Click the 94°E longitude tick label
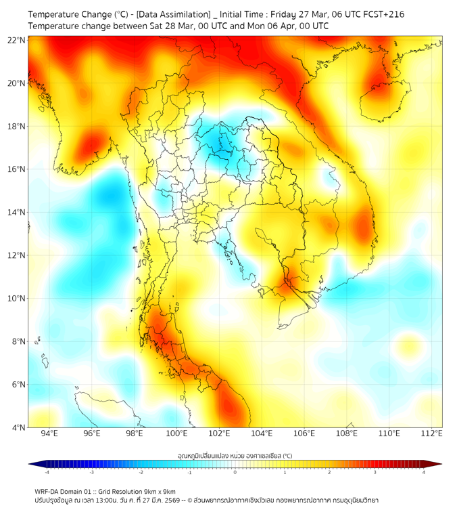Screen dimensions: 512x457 (49, 433)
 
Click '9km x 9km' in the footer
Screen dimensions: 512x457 (159, 491)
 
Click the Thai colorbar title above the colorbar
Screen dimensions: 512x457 (235, 456)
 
